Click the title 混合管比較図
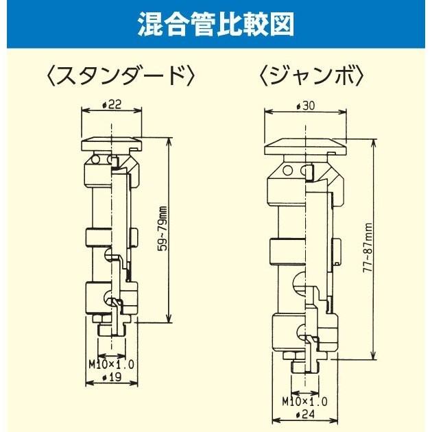[215, 25]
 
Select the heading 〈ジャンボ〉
[310, 74]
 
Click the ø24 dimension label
[306, 415]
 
